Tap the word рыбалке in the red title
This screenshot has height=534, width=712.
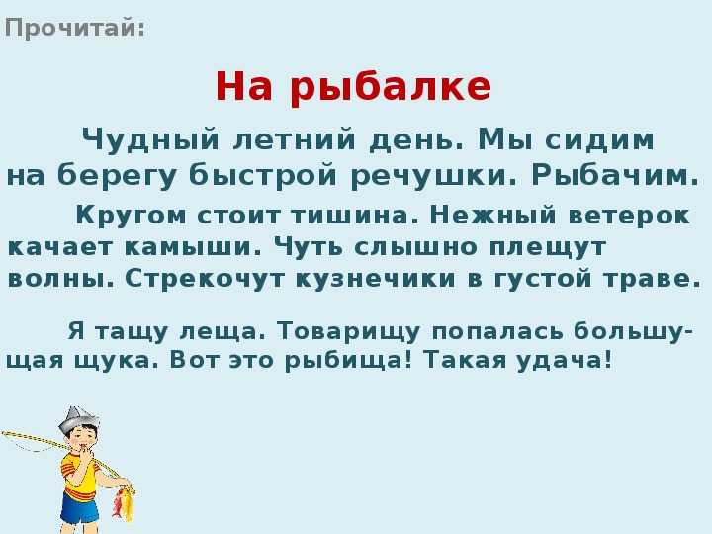click(x=391, y=87)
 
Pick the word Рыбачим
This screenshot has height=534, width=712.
click(x=615, y=175)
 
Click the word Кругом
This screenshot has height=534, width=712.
click(x=131, y=216)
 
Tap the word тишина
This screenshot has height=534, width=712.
click(x=355, y=215)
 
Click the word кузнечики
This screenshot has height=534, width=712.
click(x=376, y=279)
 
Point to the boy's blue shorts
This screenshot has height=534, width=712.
click(x=80, y=507)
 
